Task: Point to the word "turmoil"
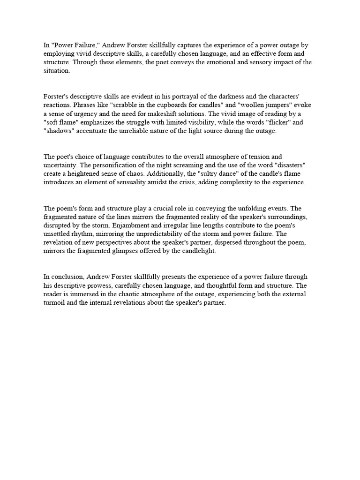tap(55, 302)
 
